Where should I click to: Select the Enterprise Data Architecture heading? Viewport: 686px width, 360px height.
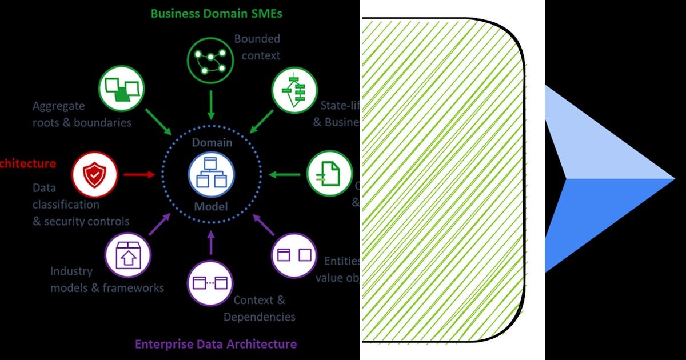point(216,344)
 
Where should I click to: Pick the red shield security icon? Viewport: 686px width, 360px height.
point(95,174)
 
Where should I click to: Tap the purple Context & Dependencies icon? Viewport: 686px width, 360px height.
point(210,282)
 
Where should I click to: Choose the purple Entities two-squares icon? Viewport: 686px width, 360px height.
point(294,255)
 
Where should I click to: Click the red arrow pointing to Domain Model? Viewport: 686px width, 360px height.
point(139,174)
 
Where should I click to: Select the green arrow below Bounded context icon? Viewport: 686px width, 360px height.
point(211,106)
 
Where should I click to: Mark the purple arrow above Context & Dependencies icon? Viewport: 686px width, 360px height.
point(211,242)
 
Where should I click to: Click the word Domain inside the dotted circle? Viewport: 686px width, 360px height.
point(212,142)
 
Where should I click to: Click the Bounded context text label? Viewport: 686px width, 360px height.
point(257,47)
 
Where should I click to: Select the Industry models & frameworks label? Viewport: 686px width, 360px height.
point(107,279)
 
